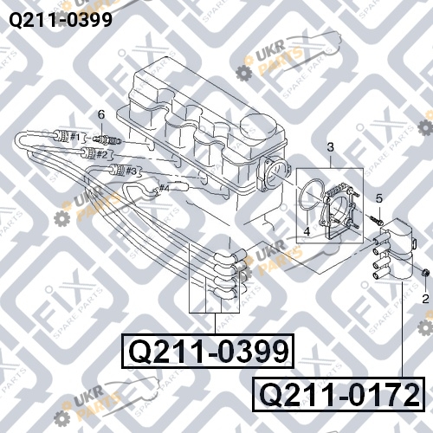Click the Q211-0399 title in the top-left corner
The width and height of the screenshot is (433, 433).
click(x=61, y=20)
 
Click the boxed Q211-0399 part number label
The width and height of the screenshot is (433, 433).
click(x=208, y=351)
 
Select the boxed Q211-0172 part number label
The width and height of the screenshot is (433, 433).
click(x=339, y=394)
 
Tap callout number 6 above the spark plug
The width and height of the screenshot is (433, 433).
click(x=101, y=114)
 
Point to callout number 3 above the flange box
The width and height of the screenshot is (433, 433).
click(x=330, y=147)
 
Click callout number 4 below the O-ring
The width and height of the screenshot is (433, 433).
click(x=307, y=231)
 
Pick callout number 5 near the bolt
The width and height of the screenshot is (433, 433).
click(x=379, y=198)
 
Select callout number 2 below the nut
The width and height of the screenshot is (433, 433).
click(x=425, y=299)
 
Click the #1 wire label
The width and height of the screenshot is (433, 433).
click(x=75, y=137)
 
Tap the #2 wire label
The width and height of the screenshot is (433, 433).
click(x=102, y=154)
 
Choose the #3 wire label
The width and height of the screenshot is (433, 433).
click(x=131, y=171)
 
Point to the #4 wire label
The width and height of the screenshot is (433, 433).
click(x=164, y=189)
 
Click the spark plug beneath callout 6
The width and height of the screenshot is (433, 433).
click(x=107, y=140)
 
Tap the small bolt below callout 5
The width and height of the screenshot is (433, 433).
click(x=375, y=220)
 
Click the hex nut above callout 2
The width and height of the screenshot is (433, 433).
click(x=425, y=272)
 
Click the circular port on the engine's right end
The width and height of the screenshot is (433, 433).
click(x=273, y=175)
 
